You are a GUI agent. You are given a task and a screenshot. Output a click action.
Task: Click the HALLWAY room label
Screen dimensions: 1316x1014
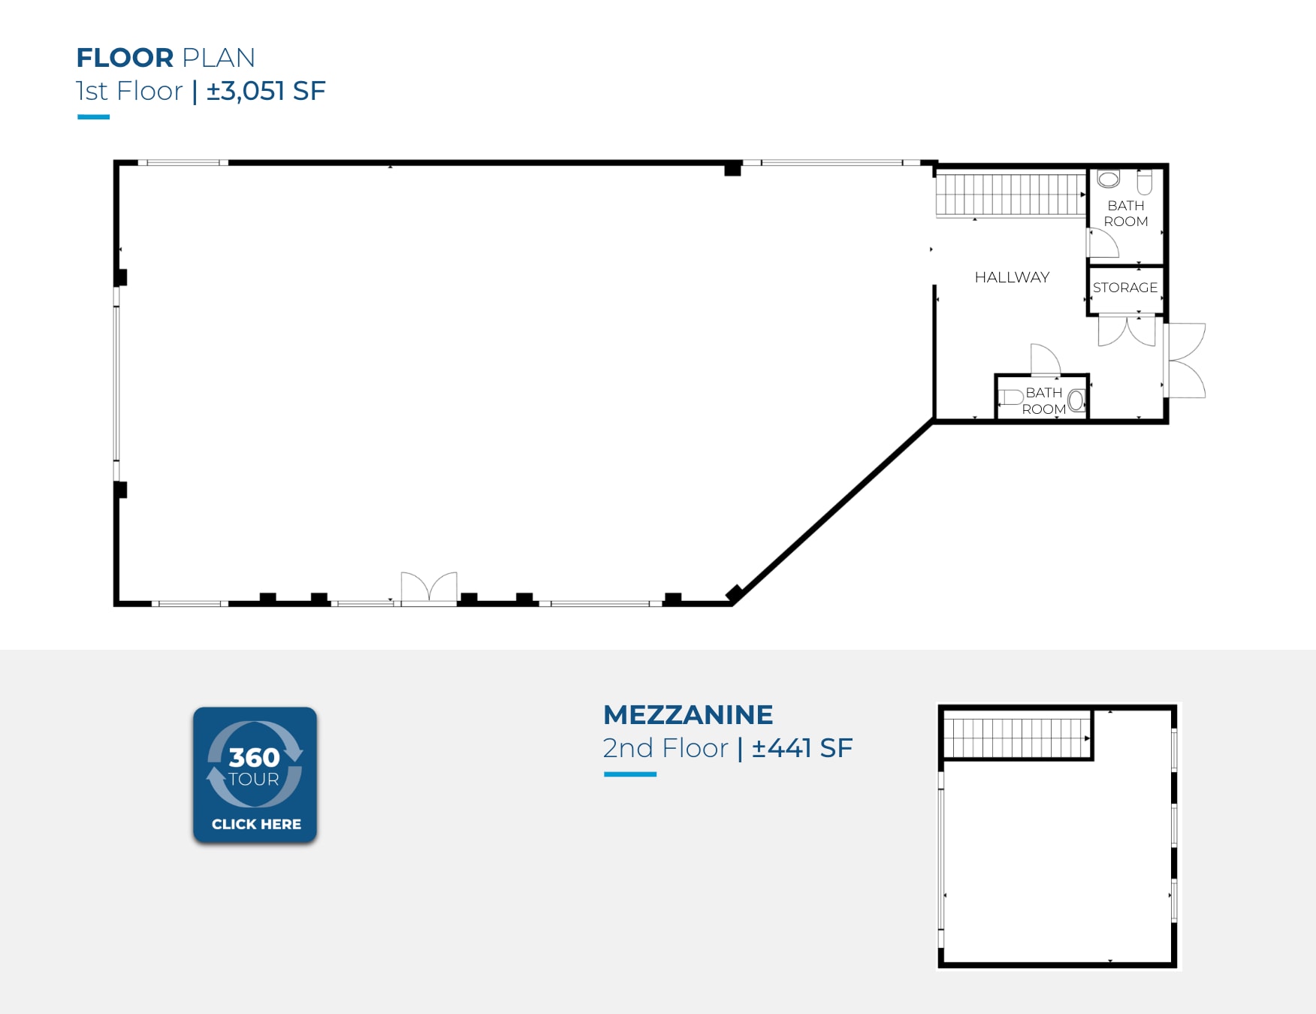[x=1012, y=277]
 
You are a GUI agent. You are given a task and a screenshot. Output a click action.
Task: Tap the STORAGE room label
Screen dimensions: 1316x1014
[x=1125, y=288]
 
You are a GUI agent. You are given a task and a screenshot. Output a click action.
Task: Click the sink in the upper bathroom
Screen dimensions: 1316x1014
[x=1109, y=179]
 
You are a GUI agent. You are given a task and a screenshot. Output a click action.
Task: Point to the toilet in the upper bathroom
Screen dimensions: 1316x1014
[x=1145, y=182]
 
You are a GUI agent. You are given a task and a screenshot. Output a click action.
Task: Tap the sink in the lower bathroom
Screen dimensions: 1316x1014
[x=1076, y=400]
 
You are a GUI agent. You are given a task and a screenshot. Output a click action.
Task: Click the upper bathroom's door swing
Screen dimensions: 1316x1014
[x=1103, y=243]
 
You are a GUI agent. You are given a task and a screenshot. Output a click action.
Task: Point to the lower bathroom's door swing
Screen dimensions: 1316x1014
[x=1046, y=359]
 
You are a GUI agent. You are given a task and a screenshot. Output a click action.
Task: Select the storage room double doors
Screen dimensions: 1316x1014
[x=1127, y=330]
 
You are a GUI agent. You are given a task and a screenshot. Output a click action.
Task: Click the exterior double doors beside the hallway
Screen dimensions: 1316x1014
[x=1185, y=361]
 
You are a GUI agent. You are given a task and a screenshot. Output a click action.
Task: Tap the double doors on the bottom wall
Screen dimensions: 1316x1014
[x=429, y=587]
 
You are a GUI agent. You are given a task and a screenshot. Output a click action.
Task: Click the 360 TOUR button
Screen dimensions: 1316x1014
[x=255, y=774]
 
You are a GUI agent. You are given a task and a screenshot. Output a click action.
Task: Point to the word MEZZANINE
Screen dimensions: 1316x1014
[x=688, y=715]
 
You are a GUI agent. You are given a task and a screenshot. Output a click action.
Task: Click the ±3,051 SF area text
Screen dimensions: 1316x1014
[x=266, y=91]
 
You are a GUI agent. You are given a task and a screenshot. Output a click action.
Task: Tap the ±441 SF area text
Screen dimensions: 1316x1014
[x=802, y=748]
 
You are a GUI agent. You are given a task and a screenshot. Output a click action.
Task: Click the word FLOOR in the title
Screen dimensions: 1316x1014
[x=125, y=58]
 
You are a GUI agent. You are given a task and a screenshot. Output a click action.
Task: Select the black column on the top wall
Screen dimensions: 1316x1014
[x=733, y=169]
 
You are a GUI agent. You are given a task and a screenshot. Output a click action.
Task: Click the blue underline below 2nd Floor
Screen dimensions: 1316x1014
[x=630, y=774]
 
